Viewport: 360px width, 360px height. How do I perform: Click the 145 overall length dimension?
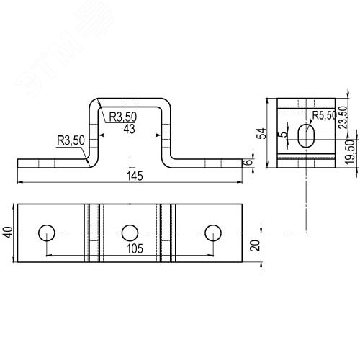coord(135,176)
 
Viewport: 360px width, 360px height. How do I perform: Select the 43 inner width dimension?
coord(129,129)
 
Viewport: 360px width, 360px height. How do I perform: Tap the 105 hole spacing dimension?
coord(135,248)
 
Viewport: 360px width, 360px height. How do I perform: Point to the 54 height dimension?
coord(261,133)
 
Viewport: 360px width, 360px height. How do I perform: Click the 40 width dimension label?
coord(8,233)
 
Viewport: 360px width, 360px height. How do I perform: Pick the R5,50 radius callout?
coord(324,116)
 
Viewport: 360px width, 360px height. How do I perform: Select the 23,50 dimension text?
coord(343,117)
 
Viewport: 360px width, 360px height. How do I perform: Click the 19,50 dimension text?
coord(350,152)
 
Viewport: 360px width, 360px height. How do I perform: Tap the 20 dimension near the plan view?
coord(255,246)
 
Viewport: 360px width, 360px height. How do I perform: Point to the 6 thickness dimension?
coord(249,162)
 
